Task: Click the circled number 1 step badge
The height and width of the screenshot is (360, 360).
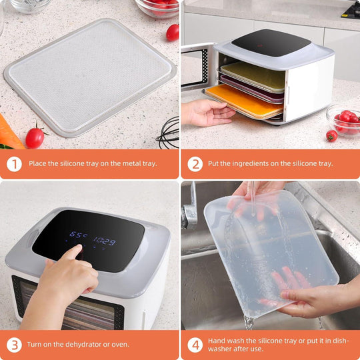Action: pos(14,163)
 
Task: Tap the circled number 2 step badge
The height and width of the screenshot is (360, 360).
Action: pos(195,163)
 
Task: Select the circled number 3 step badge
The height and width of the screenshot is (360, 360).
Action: pos(14,344)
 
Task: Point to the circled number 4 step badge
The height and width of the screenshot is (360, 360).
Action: pos(195,344)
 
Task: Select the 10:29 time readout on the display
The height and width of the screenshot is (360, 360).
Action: pos(103,241)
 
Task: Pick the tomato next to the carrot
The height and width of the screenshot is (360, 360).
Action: pos(35,137)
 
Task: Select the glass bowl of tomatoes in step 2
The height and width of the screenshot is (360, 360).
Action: pos(343,119)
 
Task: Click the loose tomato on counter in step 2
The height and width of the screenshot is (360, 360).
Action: pos(331,135)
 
